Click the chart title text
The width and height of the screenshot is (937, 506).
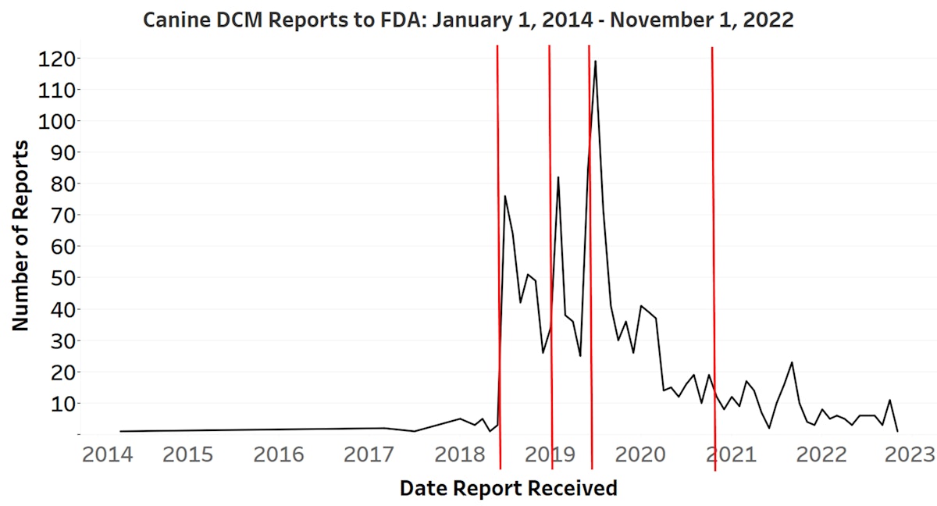point(468,20)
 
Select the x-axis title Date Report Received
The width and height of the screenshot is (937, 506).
point(508,489)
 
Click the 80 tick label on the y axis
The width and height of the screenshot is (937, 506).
point(59,184)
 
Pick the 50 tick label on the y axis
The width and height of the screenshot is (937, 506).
point(59,278)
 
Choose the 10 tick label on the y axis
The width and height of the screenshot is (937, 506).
point(59,404)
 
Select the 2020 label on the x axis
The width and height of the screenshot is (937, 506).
point(640,454)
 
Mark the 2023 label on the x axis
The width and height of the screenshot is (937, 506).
point(908,454)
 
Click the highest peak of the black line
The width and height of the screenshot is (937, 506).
point(596,61)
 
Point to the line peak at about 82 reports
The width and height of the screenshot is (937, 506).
point(558,177)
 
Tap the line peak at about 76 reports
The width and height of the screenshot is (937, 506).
point(505,196)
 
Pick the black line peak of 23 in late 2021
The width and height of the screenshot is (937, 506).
point(792,362)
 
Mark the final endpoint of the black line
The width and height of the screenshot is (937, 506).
point(897,431)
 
